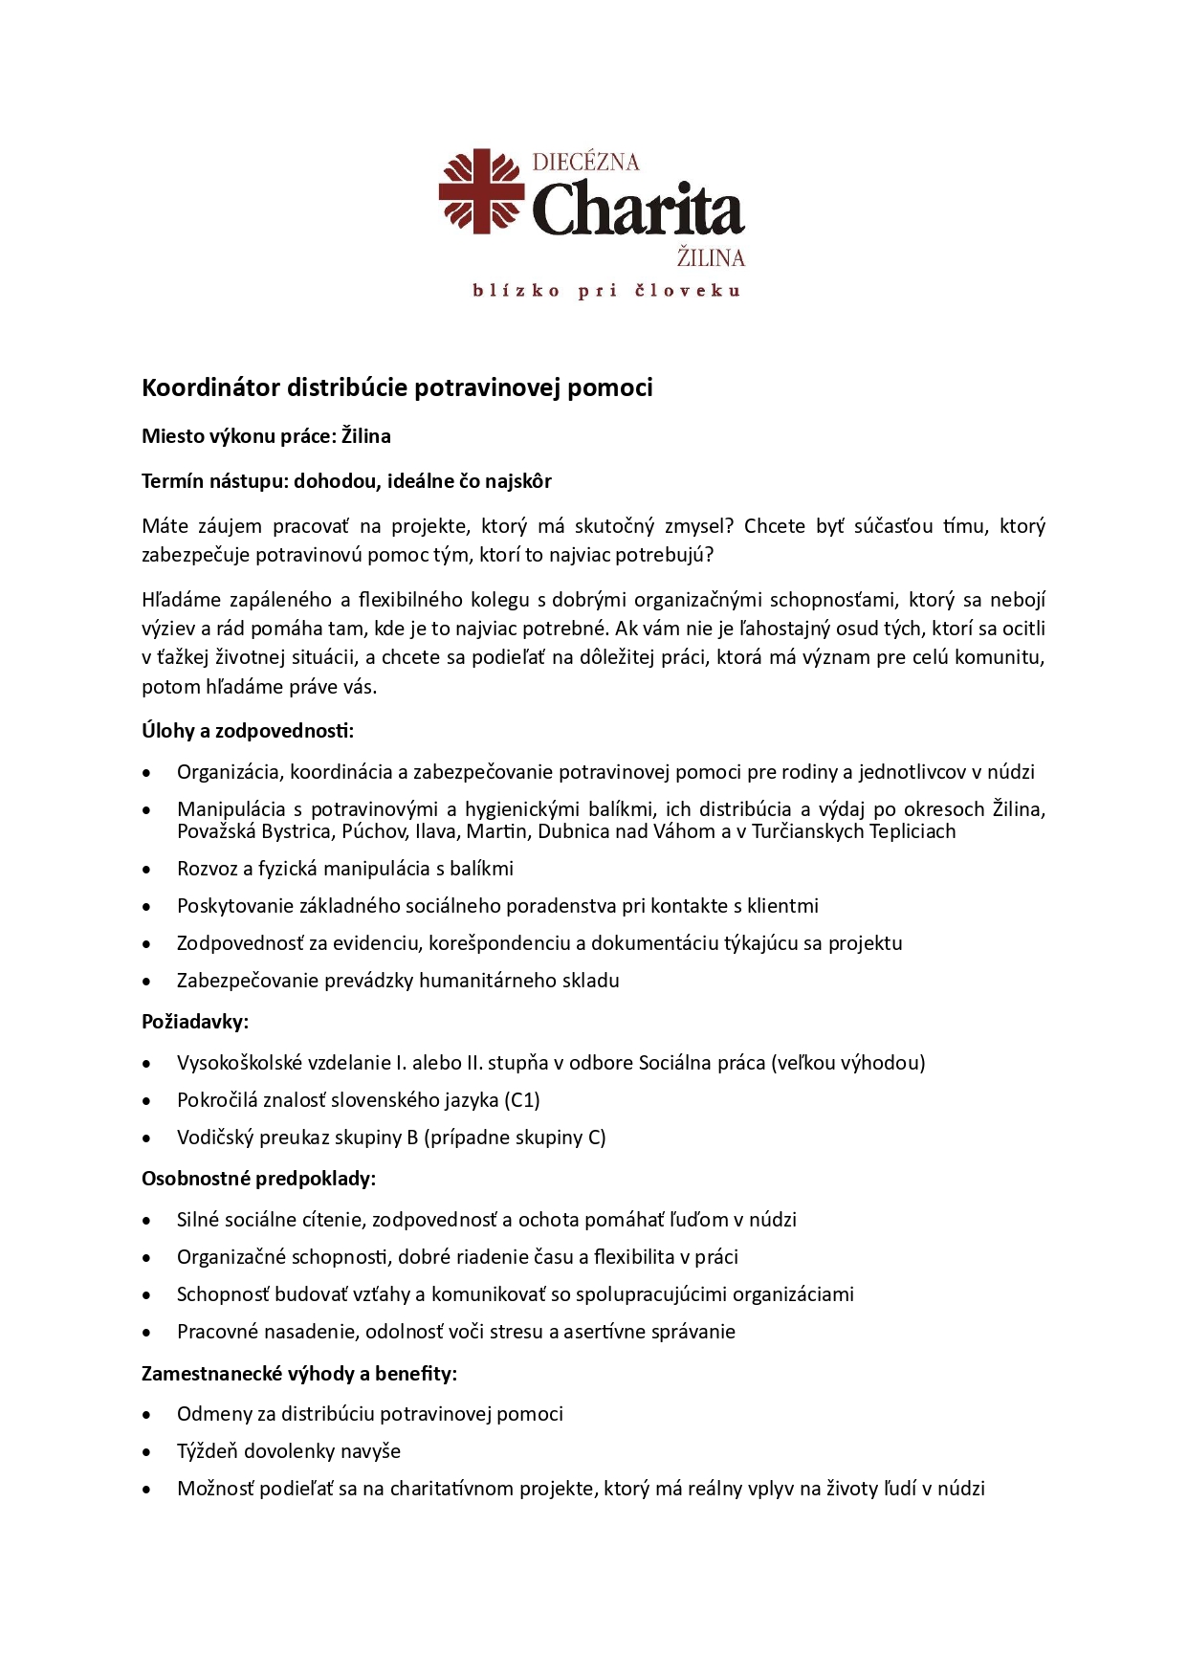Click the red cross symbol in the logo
[481, 190]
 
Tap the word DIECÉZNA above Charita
[584, 162]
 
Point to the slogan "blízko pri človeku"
[606, 291]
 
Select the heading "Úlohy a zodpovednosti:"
[248, 731]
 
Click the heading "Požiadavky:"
[195, 1022]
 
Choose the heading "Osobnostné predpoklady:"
[258, 1179]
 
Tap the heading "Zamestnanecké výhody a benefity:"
[298, 1374]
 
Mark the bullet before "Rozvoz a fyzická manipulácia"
[146, 870]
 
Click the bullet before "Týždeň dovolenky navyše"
[146, 1452]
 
